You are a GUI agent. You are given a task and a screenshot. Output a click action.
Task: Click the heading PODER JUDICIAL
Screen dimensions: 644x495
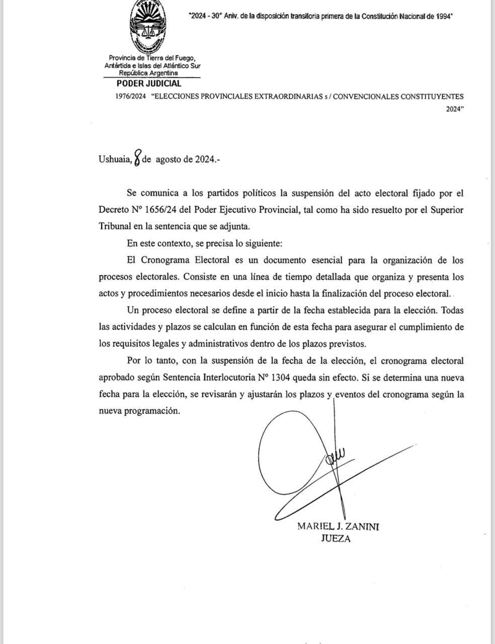(149, 84)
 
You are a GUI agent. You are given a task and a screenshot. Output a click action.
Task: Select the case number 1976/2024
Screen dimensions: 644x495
(130, 97)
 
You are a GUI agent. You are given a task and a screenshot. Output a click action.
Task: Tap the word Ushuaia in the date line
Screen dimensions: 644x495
(115, 159)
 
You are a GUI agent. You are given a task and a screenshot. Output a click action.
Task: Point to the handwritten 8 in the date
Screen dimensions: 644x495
(137, 157)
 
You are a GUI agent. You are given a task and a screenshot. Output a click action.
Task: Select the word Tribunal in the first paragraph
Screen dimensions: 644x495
(115, 226)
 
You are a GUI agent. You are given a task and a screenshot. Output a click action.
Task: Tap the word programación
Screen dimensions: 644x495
(154, 411)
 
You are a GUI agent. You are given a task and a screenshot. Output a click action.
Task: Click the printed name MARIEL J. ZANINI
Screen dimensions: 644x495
(338, 526)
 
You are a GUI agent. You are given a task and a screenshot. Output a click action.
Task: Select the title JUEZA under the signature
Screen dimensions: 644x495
(336, 539)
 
